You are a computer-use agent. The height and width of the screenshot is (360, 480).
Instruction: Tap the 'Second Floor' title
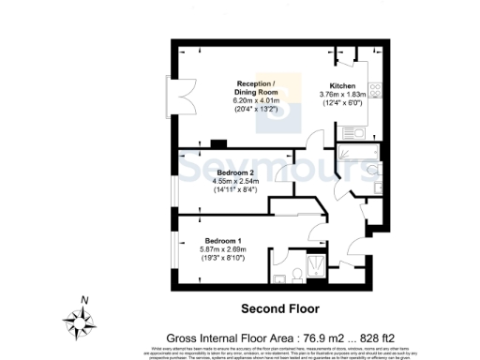click(280, 308)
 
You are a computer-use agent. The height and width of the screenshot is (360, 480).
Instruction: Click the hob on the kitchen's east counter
click(374, 91)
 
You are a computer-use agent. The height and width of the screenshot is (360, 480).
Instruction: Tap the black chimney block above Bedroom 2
click(218, 143)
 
